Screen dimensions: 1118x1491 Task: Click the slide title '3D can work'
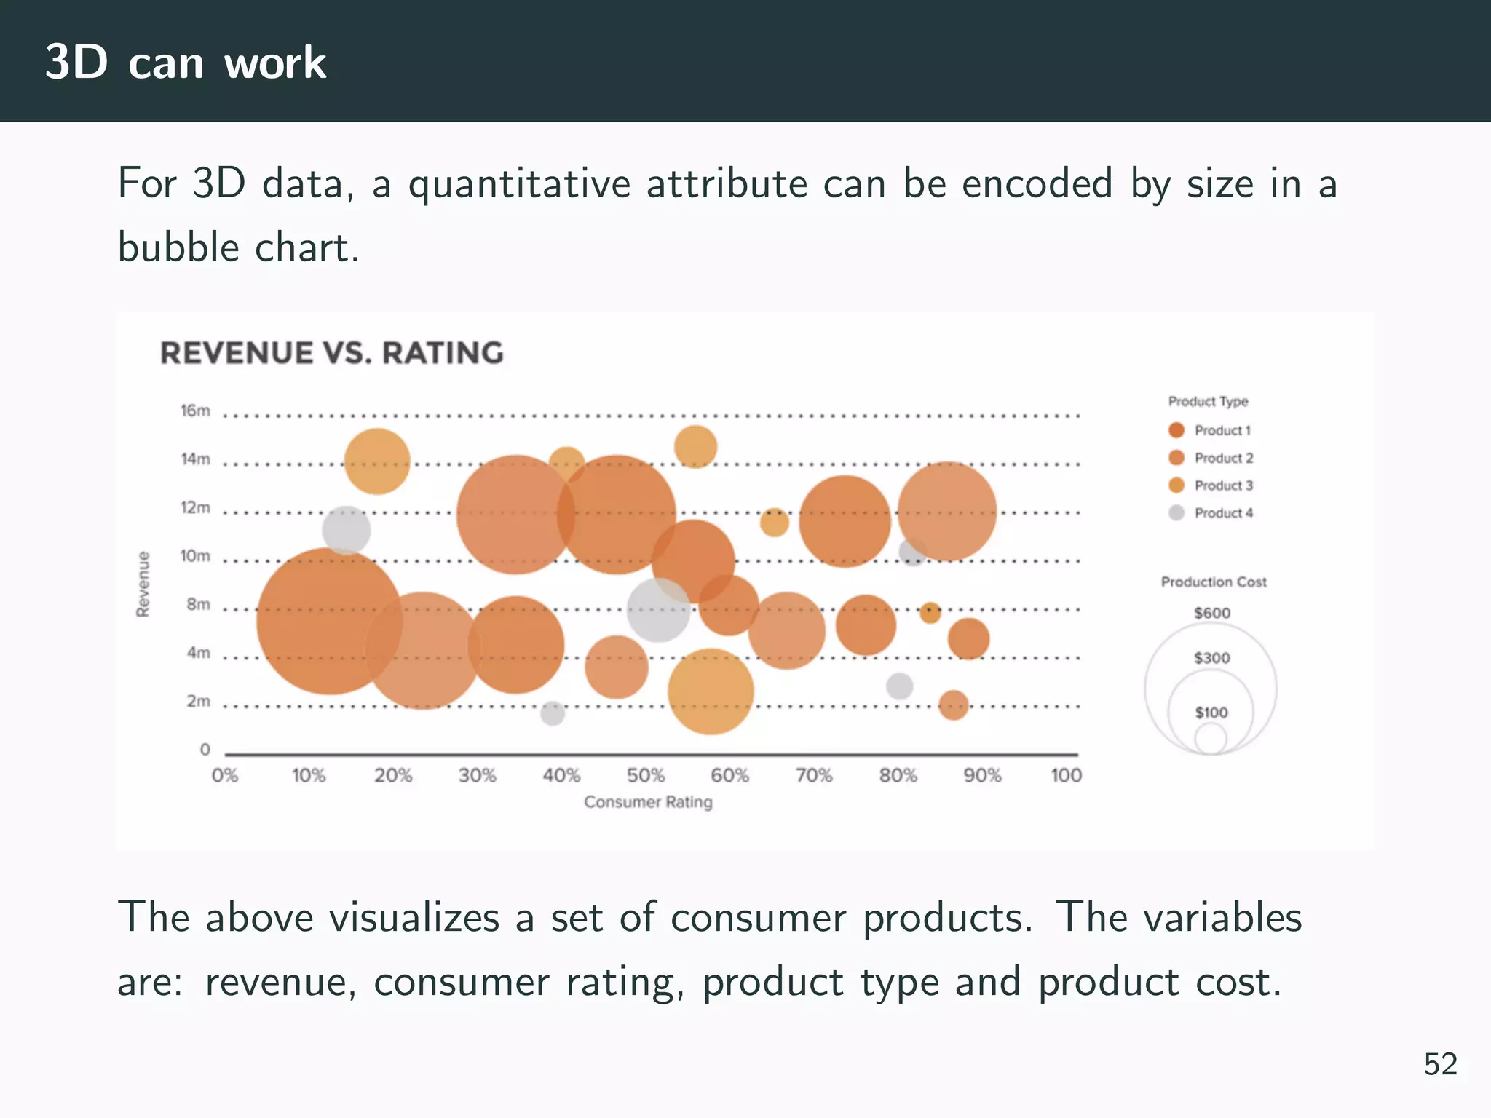(x=186, y=62)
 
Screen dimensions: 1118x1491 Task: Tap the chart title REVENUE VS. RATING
(x=331, y=353)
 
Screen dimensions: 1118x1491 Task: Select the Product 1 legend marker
(x=1176, y=430)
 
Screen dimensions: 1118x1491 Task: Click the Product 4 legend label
(x=1223, y=513)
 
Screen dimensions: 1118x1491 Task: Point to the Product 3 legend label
(x=1223, y=485)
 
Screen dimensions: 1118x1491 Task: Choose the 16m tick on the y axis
(x=195, y=411)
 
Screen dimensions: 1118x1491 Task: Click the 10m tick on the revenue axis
(x=195, y=556)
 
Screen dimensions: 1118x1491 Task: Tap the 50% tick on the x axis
(x=645, y=775)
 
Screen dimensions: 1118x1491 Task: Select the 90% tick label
(x=982, y=775)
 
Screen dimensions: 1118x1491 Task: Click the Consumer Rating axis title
(x=648, y=802)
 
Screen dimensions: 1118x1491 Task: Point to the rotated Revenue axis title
(x=143, y=584)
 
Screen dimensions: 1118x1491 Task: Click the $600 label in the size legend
(x=1211, y=613)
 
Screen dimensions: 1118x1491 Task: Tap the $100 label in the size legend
(x=1211, y=713)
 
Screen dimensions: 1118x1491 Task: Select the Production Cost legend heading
(x=1213, y=582)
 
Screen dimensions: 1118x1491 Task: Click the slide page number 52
(x=1440, y=1064)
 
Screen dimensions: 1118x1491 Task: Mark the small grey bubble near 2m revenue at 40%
(x=553, y=713)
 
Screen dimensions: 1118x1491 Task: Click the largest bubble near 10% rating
(x=329, y=621)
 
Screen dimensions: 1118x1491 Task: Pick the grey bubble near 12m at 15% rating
(x=346, y=530)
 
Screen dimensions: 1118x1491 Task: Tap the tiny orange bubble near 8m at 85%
(x=930, y=613)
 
